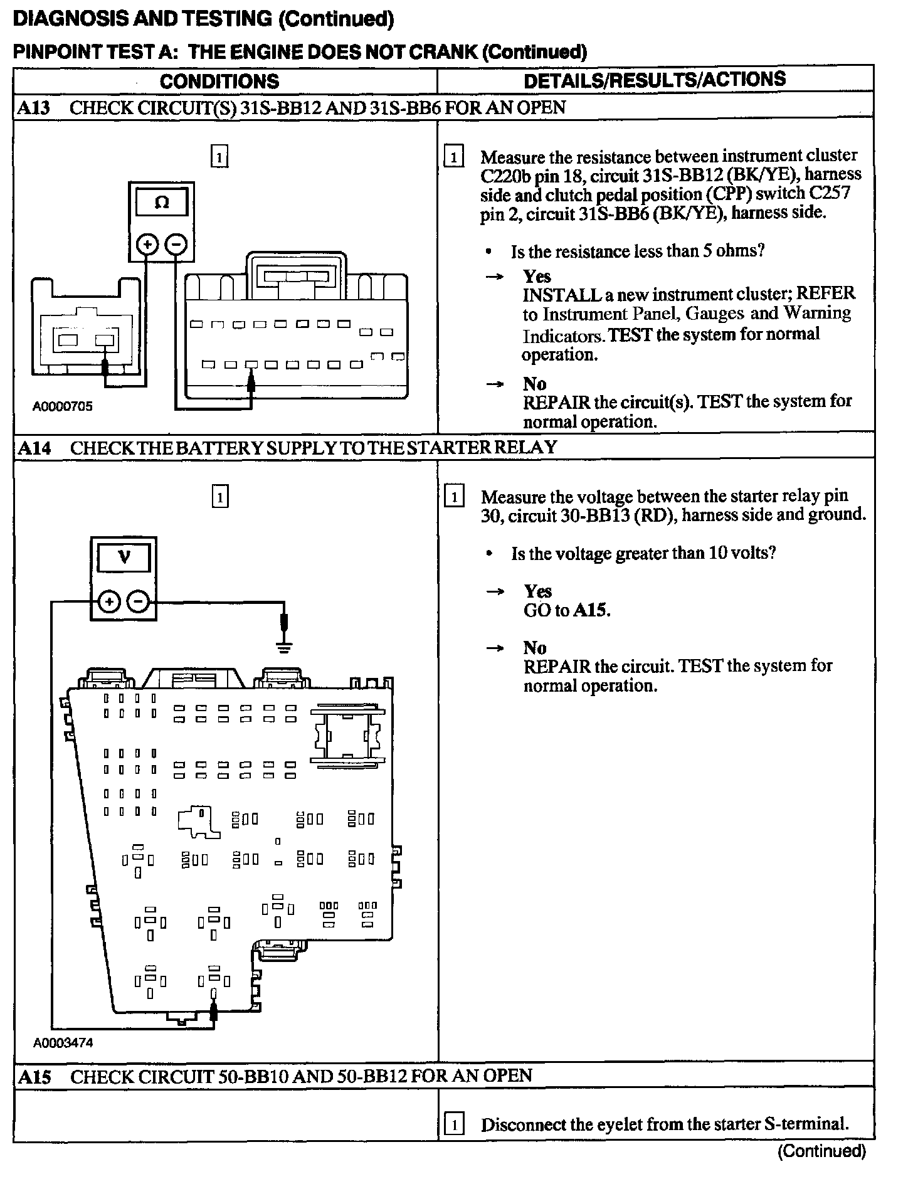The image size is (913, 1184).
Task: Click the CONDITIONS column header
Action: (219, 81)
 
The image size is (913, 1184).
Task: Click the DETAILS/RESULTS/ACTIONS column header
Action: (654, 80)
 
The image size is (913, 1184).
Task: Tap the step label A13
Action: (33, 108)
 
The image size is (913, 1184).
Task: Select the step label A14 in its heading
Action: (33, 448)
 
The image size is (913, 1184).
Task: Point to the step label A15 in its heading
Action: (34, 1077)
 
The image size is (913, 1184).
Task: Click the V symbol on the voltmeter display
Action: (124, 557)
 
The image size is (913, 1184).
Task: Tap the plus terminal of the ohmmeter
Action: (147, 244)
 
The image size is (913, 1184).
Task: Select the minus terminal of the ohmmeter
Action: (176, 244)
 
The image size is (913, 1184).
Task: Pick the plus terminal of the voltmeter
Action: (109, 602)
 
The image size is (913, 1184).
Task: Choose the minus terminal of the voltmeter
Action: (138, 602)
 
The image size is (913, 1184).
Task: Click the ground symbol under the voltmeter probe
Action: (285, 647)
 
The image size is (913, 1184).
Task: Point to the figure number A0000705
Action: (62, 406)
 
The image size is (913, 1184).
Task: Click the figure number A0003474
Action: (63, 1043)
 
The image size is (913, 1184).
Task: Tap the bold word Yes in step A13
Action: (537, 277)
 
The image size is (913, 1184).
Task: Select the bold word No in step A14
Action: (535, 648)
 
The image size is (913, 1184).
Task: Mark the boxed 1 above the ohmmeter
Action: (219, 156)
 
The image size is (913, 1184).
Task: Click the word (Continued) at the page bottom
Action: (821, 1151)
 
